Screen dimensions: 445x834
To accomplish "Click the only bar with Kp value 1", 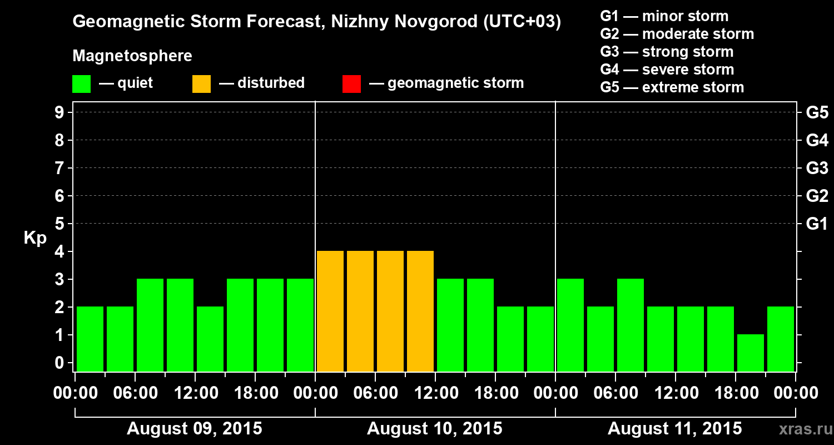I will pyautogui.click(x=751, y=353).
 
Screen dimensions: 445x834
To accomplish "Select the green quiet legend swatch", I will pyautogui.click(x=81, y=84).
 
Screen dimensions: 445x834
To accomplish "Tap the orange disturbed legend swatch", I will pyautogui.click(x=201, y=84).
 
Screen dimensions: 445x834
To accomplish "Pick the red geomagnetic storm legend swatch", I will pyautogui.click(x=351, y=84).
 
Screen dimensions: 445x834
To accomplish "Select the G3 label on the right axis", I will pyautogui.click(x=817, y=168).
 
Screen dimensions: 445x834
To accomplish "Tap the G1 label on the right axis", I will pyautogui.click(x=817, y=224).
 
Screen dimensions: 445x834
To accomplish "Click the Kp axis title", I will pyautogui.click(x=35, y=238).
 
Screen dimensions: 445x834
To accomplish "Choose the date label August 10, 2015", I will pyautogui.click(x=435, y=429).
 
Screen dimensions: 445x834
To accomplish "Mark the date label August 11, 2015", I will pyautogui.click(x=674, y=429).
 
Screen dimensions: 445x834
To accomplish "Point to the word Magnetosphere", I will pyautogui.click(x=132, y=56).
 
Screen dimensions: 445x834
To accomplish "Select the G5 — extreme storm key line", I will pyautogui.click(x=672, y=87).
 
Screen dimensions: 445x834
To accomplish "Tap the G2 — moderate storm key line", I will pyautogui.click(x=677, y=34).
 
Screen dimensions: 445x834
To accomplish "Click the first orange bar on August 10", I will pyautogui.click(x=330, y=311).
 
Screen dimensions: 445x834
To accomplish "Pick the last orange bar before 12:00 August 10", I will pyautogui.click(x=420, y=311).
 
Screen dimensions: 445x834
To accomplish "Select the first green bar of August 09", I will pyautogui.click(x=90, y=339).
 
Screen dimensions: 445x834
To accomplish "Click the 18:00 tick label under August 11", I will pyautogui.click(x=735, y=393).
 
